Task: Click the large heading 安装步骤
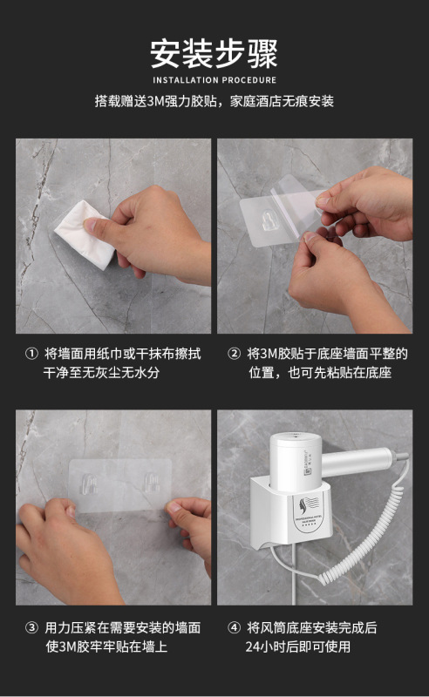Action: [x=214, y=53]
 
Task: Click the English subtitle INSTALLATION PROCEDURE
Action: [x=214, y=80]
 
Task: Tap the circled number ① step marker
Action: [x=31, y=354]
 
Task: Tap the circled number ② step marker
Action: [x=234, y=354]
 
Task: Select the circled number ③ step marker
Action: [x=31, y=627]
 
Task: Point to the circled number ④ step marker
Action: [x=234, y=627]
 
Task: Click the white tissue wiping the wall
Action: [x=83, y=233]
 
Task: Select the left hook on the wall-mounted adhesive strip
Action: [x=89, y=484]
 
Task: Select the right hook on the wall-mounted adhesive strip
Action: [x=152, y=484]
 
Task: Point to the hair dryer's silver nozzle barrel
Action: [x=359, y=463]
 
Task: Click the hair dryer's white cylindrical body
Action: [x=295, y=463]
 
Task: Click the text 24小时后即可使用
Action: [x=297, y=646]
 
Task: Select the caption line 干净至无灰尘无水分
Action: [x=101, y=373]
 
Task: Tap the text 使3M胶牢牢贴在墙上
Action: [x=106, y=646]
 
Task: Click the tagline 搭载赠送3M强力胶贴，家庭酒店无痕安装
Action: [x=214, y=101]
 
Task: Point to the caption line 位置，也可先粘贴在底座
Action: [x=320, y=373]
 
